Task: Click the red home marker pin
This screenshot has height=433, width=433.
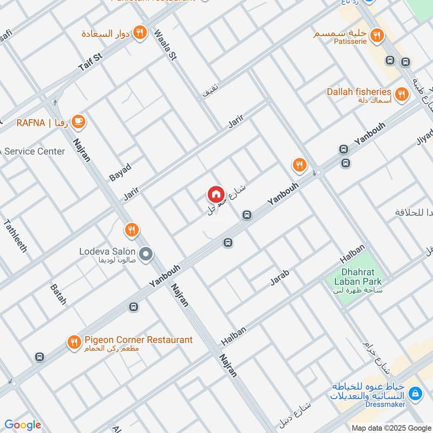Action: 215,194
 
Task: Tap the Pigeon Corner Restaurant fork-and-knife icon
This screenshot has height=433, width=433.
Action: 74,342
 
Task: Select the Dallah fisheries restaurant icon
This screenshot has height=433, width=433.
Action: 401,95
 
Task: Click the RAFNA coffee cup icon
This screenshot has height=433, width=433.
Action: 79,122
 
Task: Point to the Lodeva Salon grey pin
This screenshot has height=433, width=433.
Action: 145,253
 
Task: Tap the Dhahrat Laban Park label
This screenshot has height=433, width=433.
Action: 362,277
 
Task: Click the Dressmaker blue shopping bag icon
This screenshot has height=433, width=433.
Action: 415,393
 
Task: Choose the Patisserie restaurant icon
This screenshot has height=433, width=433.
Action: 378,36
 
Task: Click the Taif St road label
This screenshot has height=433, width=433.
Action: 90,63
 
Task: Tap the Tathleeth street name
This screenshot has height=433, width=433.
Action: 15,235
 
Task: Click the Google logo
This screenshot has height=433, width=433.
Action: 23,425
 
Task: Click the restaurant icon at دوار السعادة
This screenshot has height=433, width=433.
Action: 140,33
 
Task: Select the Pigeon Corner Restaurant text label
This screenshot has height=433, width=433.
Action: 138,340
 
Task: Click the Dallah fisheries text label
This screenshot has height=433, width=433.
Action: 358,91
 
